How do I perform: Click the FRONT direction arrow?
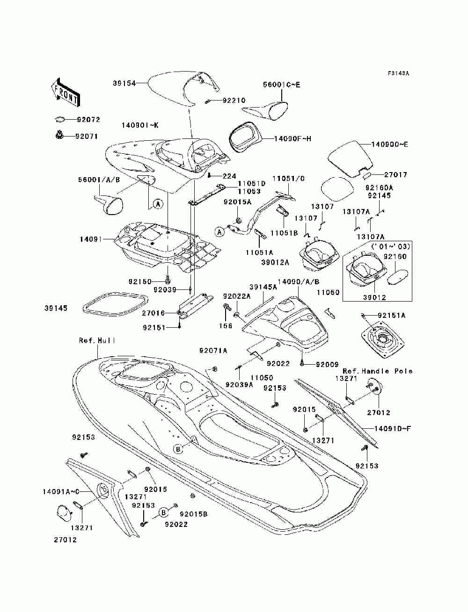tap(66, 92)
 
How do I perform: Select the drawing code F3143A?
tap(399, 73)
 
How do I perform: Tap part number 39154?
tap(124, 83)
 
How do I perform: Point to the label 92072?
tap(88, 120)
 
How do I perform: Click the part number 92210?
tap(234, 101)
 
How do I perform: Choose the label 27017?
tap(396, 175)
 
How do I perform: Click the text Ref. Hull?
tap(97, 341)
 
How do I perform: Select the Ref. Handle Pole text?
tap(378, 371)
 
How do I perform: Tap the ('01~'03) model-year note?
tap(391, 246)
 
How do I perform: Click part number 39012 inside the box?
tap(374, 297)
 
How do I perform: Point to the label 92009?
tap(327, 364)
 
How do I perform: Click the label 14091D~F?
tap(393, 428)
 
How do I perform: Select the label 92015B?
tap(194, 514)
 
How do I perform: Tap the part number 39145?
tap(56, 308)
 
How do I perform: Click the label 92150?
tap(140, 281)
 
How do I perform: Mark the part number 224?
tap(229, 176)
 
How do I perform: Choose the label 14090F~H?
tap(292, 138)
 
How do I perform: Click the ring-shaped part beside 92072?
tap(60, 119)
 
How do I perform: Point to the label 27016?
tap(153, 313)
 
